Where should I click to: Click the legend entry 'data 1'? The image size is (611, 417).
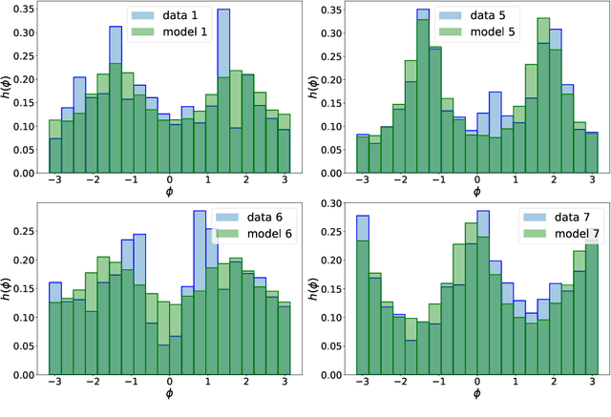[186, 16]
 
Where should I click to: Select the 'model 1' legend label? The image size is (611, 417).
[190, 32]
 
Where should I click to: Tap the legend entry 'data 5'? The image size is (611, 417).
[494, 16]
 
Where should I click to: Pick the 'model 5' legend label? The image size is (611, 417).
[497, 32]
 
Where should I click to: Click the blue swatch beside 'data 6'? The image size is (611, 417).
[230, 219]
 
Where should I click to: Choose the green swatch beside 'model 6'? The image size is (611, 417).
[230, 235]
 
